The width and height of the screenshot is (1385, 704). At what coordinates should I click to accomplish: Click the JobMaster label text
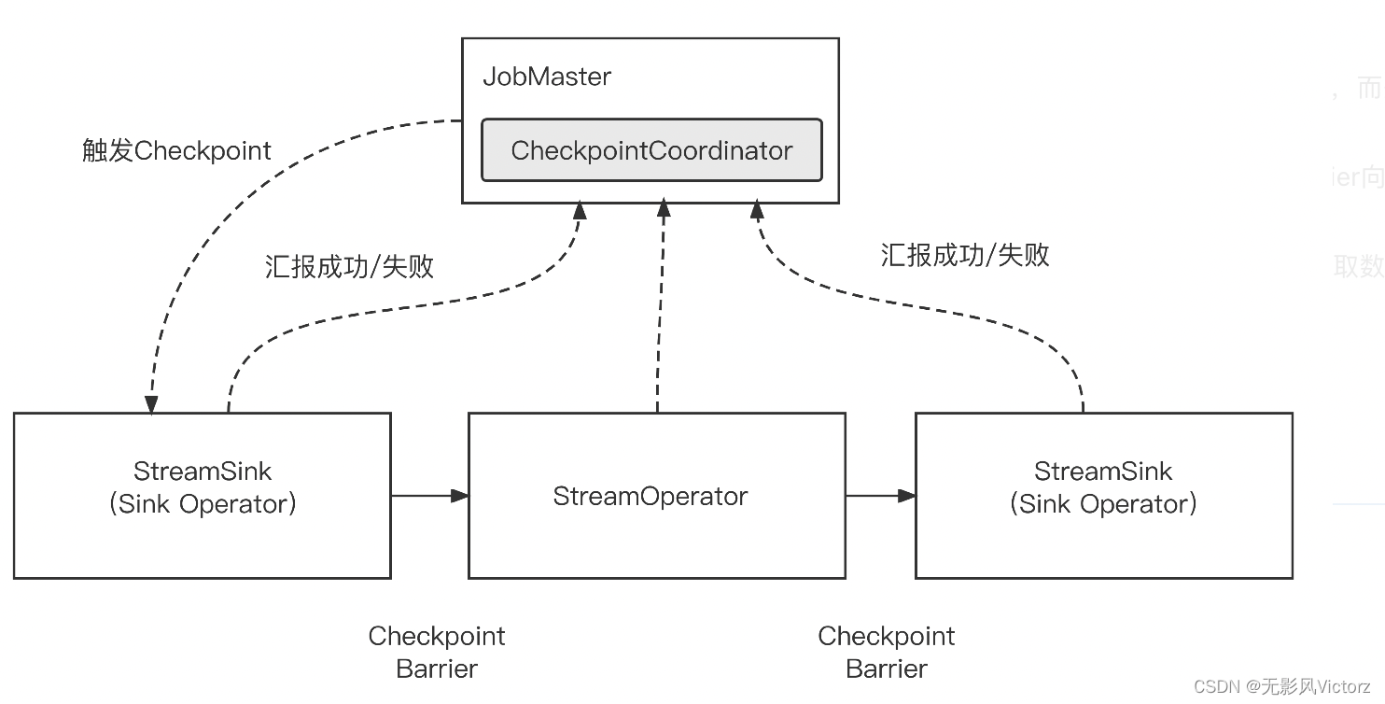tap(547, 77)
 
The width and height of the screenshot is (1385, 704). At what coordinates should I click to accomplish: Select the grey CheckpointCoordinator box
tap(651, 150)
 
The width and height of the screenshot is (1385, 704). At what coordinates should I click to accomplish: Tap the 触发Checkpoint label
tap(176, 151)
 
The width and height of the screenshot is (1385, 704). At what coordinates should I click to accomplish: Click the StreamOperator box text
tap(651, 496)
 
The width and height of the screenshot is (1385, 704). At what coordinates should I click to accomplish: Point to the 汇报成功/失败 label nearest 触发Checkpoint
tap(349, 267)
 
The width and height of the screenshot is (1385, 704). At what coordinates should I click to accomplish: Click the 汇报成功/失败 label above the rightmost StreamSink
tap(965, 255)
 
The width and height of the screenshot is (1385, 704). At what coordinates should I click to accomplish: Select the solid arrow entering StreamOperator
tap(429, 496)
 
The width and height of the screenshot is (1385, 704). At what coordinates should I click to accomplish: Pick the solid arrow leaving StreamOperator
tap(880, 496)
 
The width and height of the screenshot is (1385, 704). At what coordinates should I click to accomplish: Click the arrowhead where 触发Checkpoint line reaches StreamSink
tap(149, 404)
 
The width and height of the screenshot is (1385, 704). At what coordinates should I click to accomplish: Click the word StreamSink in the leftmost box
tap(203, 471)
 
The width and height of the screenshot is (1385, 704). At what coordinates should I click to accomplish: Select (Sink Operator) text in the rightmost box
tap(1103, 504)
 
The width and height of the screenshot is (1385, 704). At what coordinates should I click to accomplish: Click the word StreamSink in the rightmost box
tap(1103, 471)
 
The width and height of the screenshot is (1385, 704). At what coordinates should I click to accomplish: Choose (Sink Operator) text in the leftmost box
tap(203, 504)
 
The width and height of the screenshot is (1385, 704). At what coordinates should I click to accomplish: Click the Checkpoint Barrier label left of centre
tap(437, 652)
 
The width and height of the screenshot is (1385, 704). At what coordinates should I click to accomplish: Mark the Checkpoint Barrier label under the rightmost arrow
tap(886, 652)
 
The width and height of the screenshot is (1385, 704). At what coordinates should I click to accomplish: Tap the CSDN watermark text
tap(1281, 687)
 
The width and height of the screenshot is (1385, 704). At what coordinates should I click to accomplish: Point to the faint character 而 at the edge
tap(1368, 89)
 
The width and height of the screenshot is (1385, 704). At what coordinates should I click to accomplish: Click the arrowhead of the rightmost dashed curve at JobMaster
tap(755, 211)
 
